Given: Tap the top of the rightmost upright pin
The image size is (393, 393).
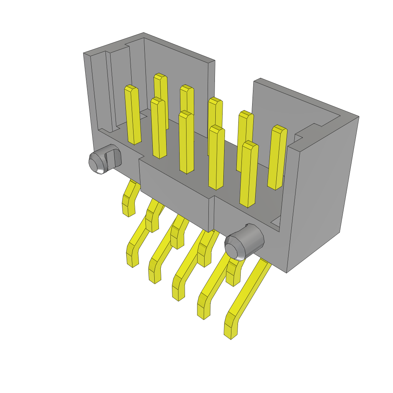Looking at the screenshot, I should click(279, 130).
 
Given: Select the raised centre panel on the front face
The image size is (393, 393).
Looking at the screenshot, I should click(175, 192).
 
